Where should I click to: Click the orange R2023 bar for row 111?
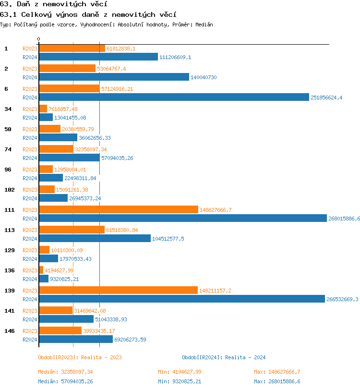coord(118,210)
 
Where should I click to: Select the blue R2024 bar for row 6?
coord(174,97)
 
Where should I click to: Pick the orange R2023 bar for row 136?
coord(41,270)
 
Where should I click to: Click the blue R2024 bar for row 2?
coord(114,77)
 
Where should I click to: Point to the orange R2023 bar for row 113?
coord(72,230)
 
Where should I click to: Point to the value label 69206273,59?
coord(130,340)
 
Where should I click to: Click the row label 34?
coord(8,109)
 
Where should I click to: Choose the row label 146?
coord(9,331)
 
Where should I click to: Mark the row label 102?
coord(9,190)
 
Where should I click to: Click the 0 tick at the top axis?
coord(39,39)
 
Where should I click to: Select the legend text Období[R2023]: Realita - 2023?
coord(80,357)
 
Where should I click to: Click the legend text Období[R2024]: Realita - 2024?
coord(224,357)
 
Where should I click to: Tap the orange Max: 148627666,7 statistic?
coord(277,372)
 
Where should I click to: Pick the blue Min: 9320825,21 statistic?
coord(180,381)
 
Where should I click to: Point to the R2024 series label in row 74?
coord(30,158)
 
